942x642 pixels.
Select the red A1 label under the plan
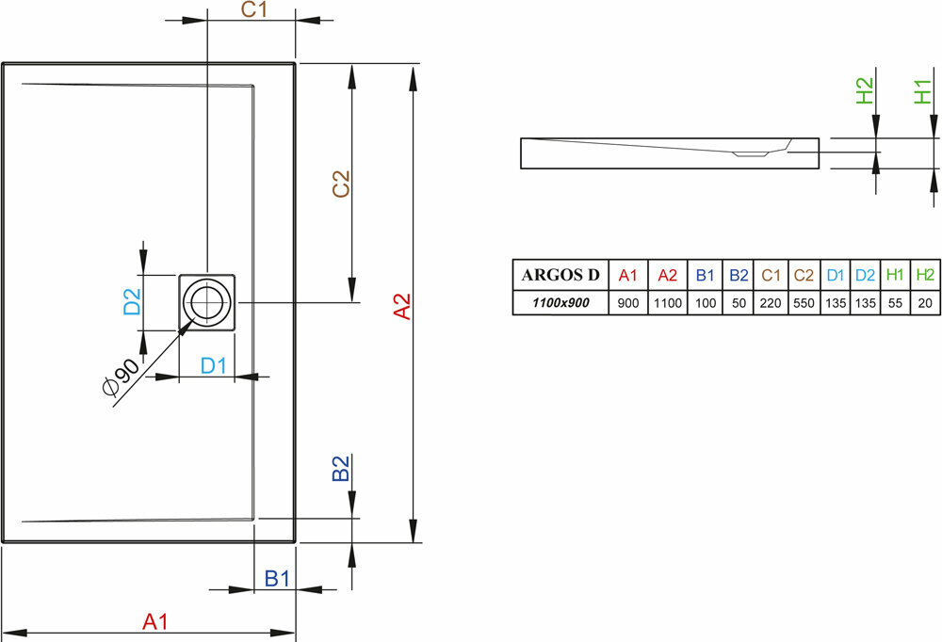(x=154, y=620)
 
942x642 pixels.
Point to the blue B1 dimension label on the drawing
(x=275, y=579)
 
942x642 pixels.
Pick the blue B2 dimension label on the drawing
(x=341, y=469)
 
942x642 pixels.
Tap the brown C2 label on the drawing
(x=341, y=184)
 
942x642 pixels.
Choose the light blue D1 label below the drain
(x=214, y=365)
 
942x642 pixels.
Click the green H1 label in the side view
(x=924, y=91)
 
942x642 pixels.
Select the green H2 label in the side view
(x=865, y=91)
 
